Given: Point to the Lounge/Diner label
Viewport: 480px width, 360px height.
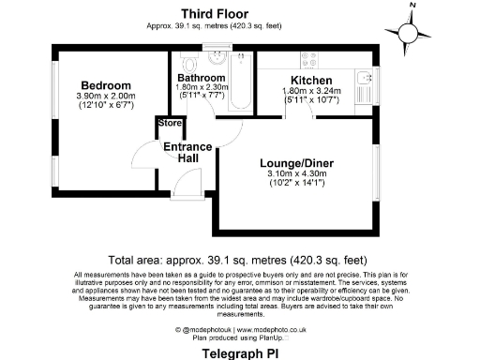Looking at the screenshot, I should click(x=296, y=163).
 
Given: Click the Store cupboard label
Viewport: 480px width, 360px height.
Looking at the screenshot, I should click(x=170, y=123).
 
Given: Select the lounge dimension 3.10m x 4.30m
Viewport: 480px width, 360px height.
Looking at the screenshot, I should click(x=296, y=174).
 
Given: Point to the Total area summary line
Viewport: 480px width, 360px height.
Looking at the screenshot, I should click(x=240, y=260).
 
